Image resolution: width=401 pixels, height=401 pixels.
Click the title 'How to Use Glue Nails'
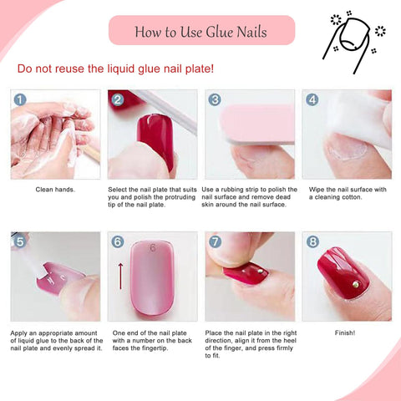pos(201,31)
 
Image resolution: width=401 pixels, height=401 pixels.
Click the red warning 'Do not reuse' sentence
pos(116,69)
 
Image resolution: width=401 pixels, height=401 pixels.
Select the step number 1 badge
pos(20,99)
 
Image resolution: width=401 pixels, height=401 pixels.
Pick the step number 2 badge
pos(118,99)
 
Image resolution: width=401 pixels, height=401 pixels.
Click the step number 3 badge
pos(215,99)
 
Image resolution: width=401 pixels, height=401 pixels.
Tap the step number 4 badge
pos(312,99)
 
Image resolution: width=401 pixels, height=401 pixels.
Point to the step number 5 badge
pos(20,241)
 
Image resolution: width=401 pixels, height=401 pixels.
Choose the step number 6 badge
pos(118,241)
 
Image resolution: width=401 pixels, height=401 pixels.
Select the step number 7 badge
pos(215,241)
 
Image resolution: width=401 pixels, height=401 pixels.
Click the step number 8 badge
pos(312,241)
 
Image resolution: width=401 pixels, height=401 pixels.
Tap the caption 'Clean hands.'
pos(54,190)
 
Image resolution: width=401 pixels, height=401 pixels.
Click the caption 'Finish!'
pos(346,332)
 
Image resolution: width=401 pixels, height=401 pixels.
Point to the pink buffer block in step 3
pos(255,123)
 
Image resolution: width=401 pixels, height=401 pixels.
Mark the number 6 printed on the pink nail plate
pos(153,247)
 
